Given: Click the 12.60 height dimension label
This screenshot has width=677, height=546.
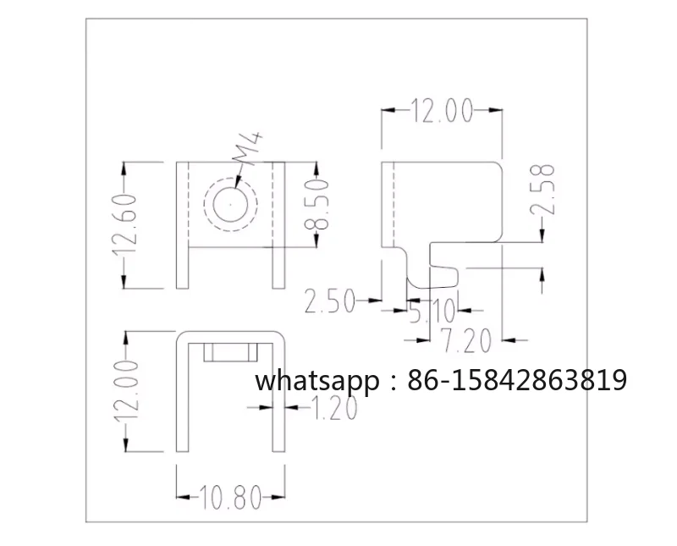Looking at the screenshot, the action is (124, 225).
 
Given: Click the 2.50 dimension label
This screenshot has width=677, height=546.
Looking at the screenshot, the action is (329, 301).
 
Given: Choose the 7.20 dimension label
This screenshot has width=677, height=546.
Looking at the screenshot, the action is (466, 340).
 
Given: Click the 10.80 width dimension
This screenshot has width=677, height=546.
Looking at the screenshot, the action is (230, 497).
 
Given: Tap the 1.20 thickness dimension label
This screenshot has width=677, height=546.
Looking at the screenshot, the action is (333, 408).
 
